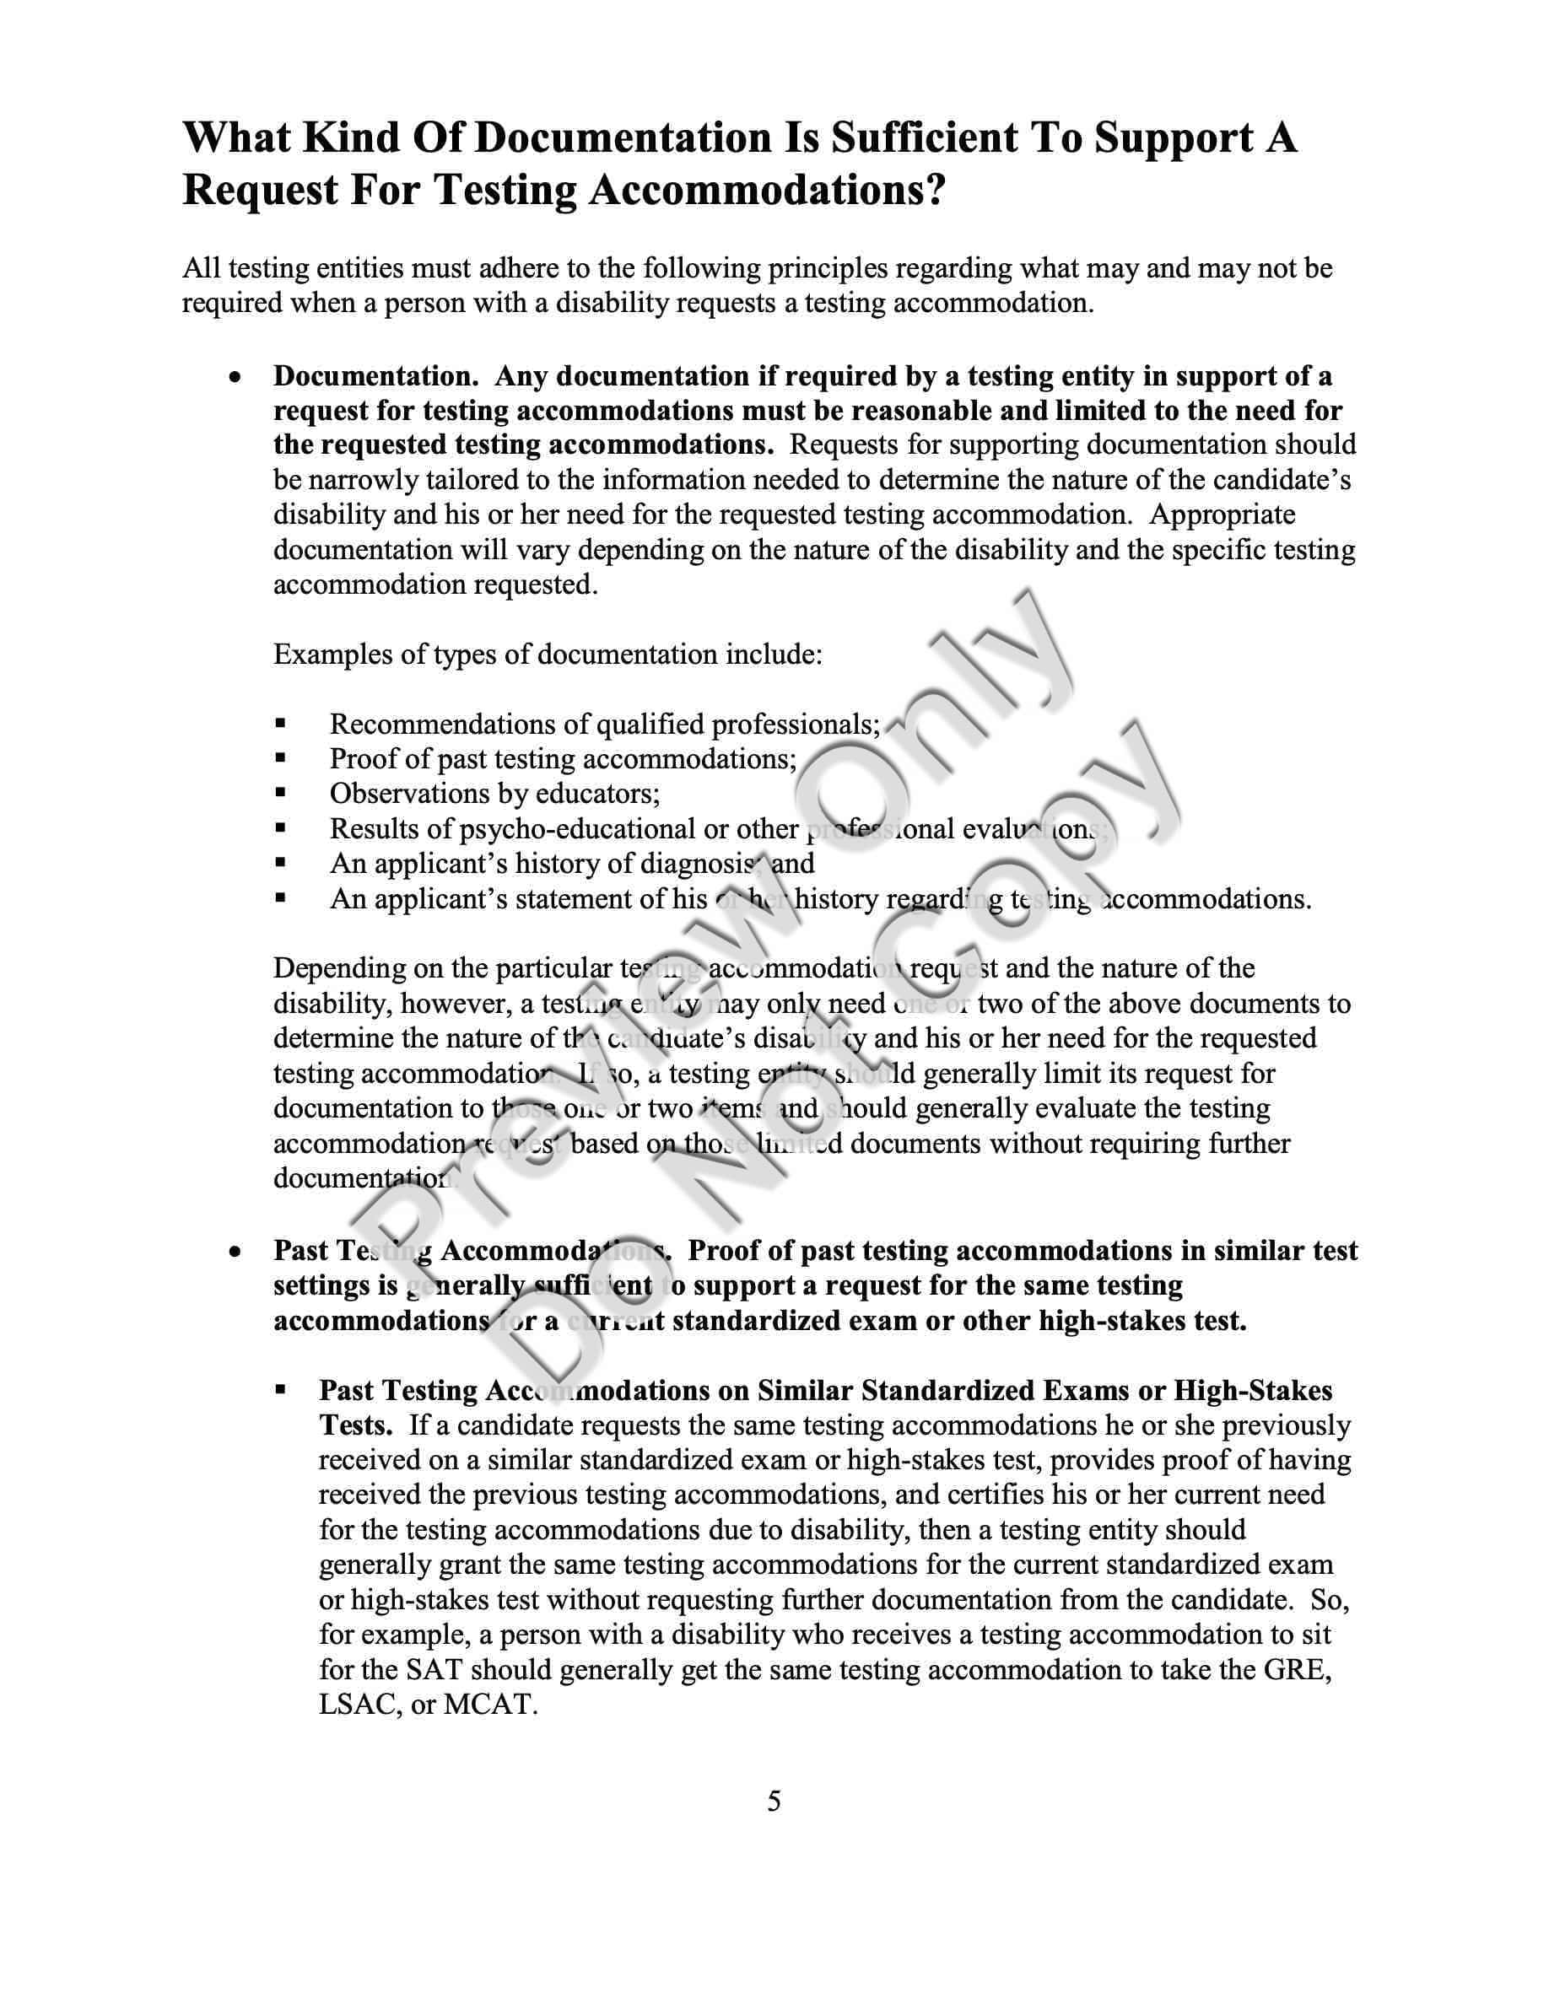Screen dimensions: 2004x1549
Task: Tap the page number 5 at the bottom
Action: click(x=774, y=1802)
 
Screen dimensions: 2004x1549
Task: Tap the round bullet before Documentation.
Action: click(x=237, y=377)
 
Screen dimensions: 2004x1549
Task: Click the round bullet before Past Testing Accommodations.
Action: click(x=237, y=1252)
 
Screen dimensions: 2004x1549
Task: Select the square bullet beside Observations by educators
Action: click(x=281, y=794)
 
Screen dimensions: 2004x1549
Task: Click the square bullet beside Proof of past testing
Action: click(x=281, y=759)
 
